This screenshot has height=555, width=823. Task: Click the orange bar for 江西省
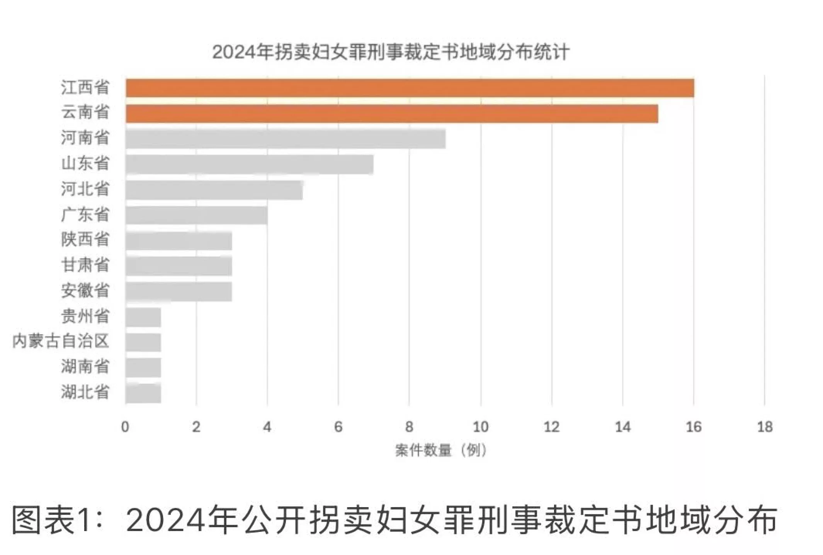click(410, 88)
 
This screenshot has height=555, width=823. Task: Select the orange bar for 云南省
click(392, 113)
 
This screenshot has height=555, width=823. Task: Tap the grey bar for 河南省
click(286, 139)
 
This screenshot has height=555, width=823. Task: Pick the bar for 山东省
click(249, 164)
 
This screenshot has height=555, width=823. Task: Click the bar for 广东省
click(196, 215)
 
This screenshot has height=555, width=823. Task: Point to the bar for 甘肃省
click(179, 266)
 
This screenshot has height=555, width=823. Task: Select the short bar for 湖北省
click(143, 393)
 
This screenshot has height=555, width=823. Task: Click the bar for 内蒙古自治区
click(143, 342)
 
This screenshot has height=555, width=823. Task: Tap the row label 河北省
click(85, 189)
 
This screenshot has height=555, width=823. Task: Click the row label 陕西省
click(85, 240)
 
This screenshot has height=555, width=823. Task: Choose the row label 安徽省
click(85, 291)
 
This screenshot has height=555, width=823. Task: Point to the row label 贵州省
click(85, 316)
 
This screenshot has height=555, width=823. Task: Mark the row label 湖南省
click(85, 367)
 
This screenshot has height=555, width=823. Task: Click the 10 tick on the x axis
click(480, 427)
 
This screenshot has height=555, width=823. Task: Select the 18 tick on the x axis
click(765, 427)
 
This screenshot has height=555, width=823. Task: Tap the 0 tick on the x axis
click(125, 427)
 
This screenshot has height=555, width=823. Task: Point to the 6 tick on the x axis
click(338, 427)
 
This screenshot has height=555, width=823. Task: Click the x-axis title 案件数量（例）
click(440, 450)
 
